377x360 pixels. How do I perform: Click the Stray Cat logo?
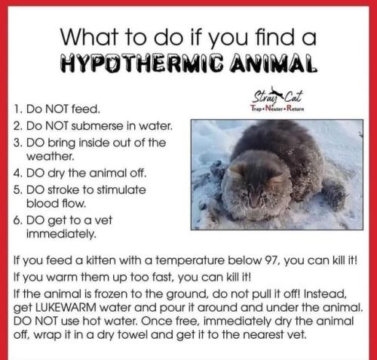coord(277,100)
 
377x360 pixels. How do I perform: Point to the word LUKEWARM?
coord(66,307)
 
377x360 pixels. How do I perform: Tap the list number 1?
coord(18,109)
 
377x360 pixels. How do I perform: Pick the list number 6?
coord(17,220)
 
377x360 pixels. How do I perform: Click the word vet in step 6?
coord(103,220)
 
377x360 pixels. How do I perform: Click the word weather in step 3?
coord(51,156)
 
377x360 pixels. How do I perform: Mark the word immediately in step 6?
coord(61,235)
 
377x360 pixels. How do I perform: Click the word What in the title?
coord(89,37)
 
